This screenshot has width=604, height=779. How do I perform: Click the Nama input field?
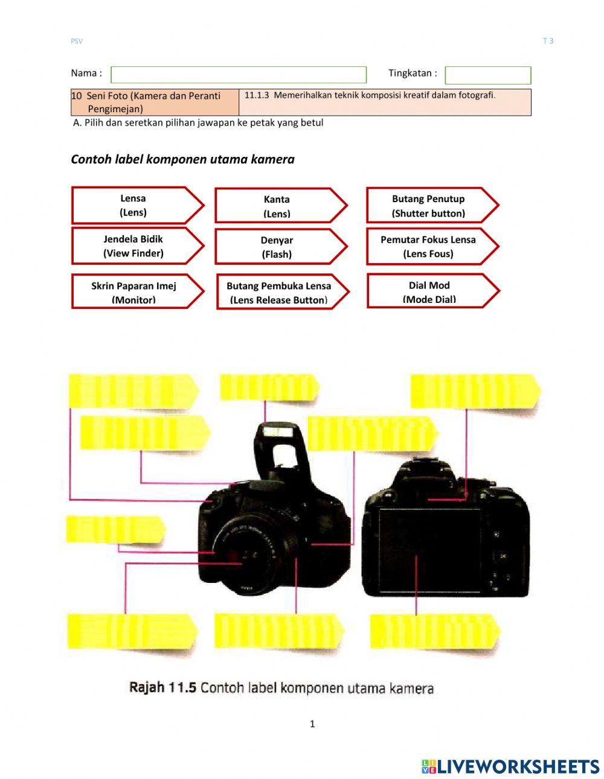point(239,75)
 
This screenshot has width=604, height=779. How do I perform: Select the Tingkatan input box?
point(487,75)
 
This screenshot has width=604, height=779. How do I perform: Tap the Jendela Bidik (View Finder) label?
point(134,246)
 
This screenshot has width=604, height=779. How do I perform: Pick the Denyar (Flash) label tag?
point(277,247)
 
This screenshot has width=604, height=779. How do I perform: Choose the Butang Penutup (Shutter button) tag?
point(429,206)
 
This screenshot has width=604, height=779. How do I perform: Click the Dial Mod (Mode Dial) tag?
point(429,292)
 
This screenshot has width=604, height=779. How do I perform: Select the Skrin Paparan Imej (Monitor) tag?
point(134,293)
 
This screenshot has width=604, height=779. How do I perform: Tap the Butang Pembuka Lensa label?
point(279,293)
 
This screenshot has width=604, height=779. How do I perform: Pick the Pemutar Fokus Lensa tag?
point(429,246)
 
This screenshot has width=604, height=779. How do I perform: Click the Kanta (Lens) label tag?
point(277,206)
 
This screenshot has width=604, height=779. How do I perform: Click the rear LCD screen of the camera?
point(429,550)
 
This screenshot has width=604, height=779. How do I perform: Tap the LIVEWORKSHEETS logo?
point(510,766)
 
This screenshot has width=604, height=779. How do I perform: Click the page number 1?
point(312,724)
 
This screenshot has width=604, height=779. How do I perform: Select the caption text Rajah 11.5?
point(162,688)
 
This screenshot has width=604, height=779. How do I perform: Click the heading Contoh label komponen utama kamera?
point(182,159)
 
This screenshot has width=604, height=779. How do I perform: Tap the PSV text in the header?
point(77,41)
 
